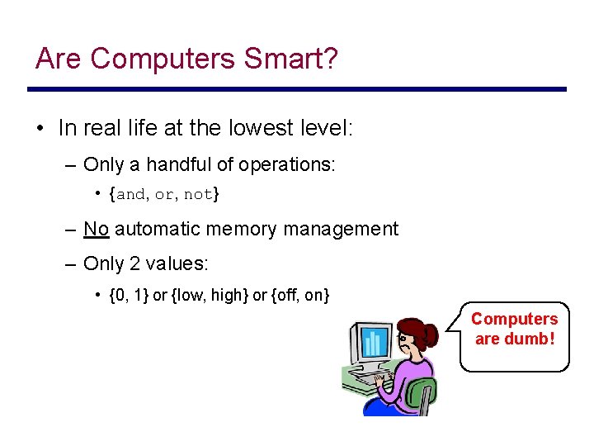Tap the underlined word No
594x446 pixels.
(97, 229)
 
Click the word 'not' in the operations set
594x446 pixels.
(198, 195)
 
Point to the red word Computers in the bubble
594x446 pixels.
(514, 319)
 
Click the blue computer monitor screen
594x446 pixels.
(374, 343)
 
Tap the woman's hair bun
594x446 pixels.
(430, 334)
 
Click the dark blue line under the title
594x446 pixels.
(297, 89)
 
